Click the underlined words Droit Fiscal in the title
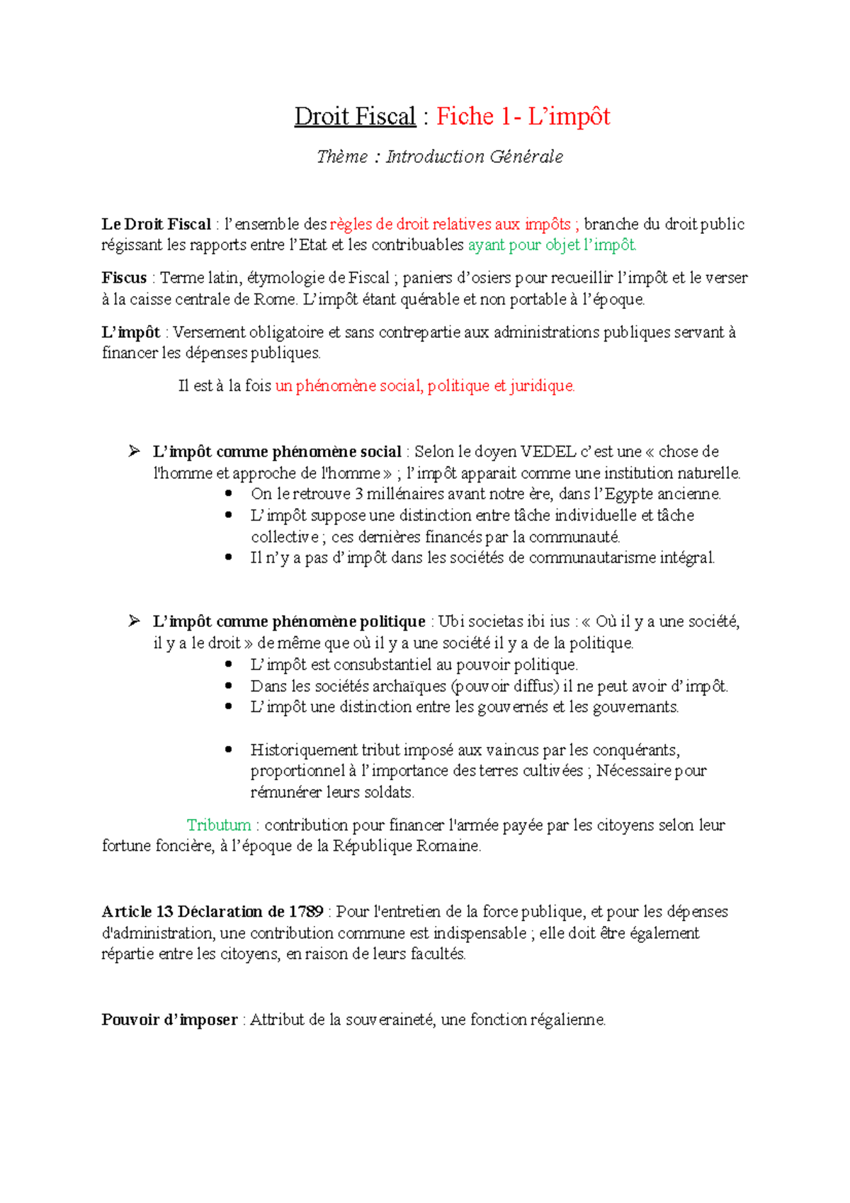point(355,116)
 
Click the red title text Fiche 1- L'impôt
point(523,116)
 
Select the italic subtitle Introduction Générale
point(475,157)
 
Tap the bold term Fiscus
point(124,278)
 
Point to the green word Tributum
point(219,825)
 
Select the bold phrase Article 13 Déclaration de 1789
point(212,912)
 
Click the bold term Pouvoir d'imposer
point(169,1020)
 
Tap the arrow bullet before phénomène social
point(134,451)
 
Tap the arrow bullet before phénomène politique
point(134,621)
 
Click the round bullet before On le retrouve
point(228,494)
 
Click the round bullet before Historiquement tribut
point(228,750)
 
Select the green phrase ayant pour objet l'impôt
point(552,245)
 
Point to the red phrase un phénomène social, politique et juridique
point(425,386)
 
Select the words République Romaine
point(407,846)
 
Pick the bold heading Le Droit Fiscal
point(157,225)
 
